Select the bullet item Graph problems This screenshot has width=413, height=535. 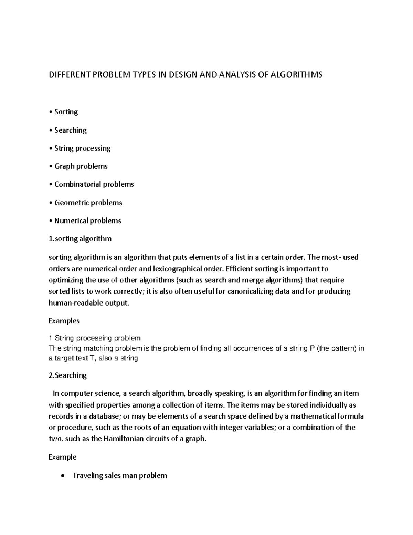(x=81, y=166)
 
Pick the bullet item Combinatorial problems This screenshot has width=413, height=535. (x=94, y=184)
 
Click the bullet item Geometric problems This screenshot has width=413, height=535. (x=88, y=203)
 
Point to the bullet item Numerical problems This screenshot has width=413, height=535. (x=88, y=220)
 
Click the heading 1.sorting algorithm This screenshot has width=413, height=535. (x=80, y=239)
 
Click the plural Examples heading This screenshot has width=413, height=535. (x=64, y=321)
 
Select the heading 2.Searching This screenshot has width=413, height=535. (x=68, y=375)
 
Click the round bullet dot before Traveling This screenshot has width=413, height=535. (x=62, y=476)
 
